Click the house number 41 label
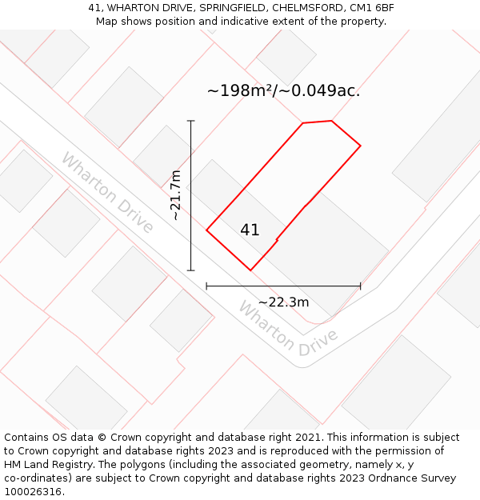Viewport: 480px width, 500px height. tap(250, 230)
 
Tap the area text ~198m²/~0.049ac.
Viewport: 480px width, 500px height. tap(283, 90)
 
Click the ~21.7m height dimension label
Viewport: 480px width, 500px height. tap(176, 195)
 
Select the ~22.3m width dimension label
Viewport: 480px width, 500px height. tap(283, 302)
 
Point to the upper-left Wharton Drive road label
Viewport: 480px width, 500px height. tap(107, 193)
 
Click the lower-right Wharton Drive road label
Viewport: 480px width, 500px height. tap(288, 329)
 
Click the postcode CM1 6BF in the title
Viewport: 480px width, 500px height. tap(373, 8)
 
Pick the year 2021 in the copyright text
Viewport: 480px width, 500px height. tap(306, 438)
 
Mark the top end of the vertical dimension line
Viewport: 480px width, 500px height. tap(191, 121)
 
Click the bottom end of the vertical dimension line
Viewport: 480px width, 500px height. tap(191, 270)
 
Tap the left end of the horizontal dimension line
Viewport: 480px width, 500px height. tap(206, 286)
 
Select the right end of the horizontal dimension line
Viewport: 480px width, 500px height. tap(361, 286)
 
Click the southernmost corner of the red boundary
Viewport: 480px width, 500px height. tap(250, 270)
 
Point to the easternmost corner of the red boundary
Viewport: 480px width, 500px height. tap(361, 146)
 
